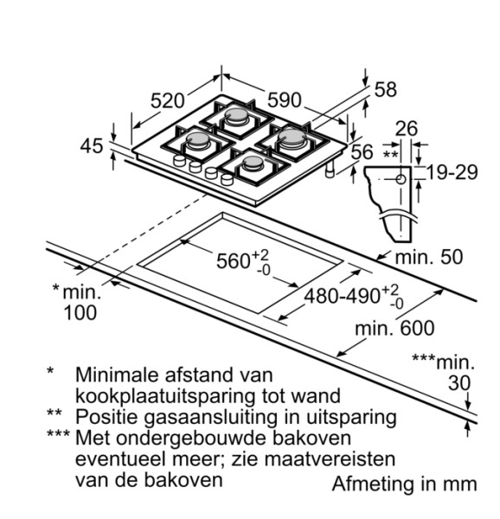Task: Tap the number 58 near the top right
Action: point(385,89)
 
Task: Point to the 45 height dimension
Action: point(91,146)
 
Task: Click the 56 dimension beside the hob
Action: point(362,151)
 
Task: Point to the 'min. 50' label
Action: point(428,257)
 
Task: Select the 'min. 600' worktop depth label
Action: point(394,329)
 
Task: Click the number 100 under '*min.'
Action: point(81,313)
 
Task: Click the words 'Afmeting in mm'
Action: point(404,484)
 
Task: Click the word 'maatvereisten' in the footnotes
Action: point(320,458)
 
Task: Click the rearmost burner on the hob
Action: point(236,117)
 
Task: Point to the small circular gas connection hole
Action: point(401,180)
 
